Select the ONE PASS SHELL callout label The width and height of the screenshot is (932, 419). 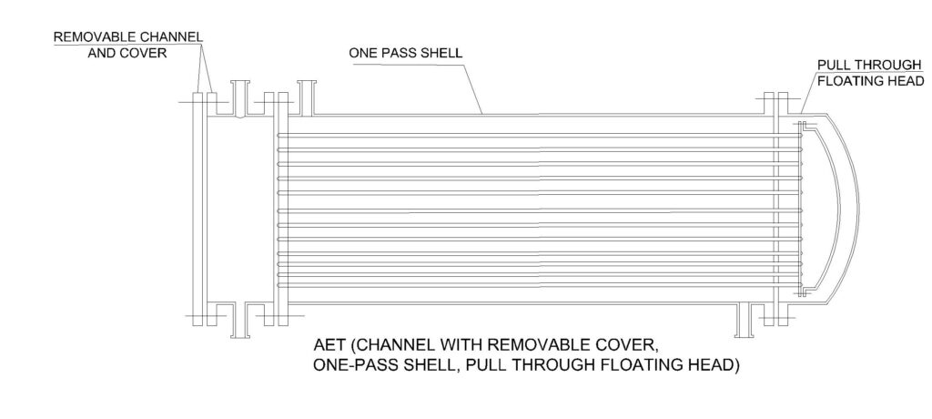tap(406, 52)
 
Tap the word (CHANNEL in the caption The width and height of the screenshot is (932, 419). tap(399, 347)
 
